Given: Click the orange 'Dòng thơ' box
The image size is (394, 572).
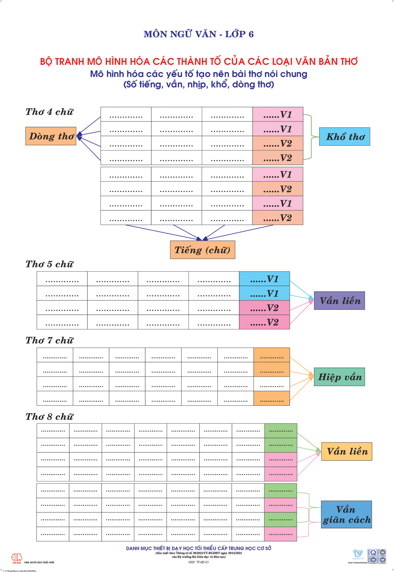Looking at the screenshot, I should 51,136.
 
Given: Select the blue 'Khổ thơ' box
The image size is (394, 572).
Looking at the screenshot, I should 344,137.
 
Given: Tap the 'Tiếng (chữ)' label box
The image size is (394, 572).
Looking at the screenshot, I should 202,250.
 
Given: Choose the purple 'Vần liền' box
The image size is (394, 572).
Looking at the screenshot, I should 339,300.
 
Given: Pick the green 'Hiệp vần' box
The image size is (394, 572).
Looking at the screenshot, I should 339,377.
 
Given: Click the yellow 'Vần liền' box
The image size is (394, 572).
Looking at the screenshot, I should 347,451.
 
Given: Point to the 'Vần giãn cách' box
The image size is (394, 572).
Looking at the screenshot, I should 346,515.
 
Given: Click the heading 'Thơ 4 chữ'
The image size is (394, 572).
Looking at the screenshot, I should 49,112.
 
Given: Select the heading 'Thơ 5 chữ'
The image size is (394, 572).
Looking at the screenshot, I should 49,264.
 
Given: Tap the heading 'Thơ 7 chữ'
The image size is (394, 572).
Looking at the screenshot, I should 49,340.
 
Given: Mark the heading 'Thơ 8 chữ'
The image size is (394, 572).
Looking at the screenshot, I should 49,417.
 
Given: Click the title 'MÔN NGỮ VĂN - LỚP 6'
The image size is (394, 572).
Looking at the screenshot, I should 199,34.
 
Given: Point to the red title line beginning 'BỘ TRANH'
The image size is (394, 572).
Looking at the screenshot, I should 199,61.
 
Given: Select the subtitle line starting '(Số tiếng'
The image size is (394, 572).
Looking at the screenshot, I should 199,84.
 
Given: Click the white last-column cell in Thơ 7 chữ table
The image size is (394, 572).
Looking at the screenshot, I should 272,384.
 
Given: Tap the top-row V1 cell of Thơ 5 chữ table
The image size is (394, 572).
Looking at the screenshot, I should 264,279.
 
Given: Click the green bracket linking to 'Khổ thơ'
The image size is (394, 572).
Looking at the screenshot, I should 311,137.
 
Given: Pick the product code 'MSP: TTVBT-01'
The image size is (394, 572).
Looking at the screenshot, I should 199,562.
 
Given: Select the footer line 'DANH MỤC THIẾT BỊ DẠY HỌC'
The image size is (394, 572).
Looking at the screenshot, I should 199,548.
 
